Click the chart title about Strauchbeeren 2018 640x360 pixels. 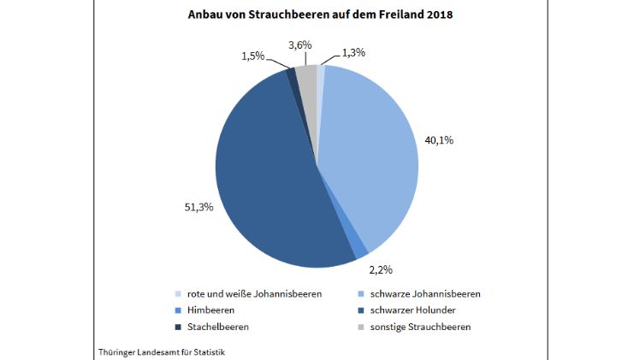click(319, 15)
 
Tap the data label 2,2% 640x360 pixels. click(381, 269)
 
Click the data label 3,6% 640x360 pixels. click(299, 44)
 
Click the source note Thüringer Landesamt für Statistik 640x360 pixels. click(157, 351)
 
